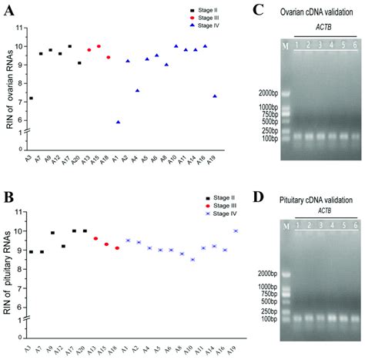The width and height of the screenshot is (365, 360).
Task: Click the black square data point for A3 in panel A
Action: click(31, 98)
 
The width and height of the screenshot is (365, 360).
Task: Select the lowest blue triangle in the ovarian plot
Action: click(118, 122)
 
